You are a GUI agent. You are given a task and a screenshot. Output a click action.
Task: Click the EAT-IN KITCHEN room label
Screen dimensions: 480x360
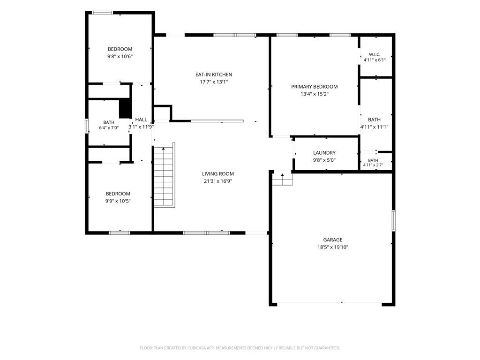coord(214,75)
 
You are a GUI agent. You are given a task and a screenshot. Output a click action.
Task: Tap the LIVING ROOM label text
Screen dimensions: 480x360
coord(217,173)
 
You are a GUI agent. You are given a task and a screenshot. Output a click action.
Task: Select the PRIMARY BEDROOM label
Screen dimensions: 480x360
coord(315,87)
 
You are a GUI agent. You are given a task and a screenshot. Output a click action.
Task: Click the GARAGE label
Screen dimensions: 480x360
coord(333,240)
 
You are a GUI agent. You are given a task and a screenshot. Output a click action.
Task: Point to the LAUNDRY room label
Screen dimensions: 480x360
coord(324,153)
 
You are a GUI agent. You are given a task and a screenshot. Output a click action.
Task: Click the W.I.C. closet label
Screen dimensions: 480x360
coord(375,54)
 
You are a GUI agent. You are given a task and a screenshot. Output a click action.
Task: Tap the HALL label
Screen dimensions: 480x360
coord(141,120)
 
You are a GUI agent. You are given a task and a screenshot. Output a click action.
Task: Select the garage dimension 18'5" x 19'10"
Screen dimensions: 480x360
coord(333,247)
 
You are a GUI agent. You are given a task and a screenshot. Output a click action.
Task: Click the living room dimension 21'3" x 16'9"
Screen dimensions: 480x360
coord(218,181)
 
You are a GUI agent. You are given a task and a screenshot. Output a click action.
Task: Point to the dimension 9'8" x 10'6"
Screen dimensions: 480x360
coord(120,56)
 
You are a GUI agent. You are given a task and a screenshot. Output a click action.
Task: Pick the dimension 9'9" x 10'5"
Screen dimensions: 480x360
coord(118,201)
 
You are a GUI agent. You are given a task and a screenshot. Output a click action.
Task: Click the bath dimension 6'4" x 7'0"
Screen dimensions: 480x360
coord(109,128)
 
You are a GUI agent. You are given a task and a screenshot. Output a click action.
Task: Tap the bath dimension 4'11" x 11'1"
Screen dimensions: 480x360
coord(375,127)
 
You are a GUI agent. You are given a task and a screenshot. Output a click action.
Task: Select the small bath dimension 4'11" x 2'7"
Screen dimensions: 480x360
coord(373,165)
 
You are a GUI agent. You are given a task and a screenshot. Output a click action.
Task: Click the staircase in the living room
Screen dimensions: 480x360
coord(165,175)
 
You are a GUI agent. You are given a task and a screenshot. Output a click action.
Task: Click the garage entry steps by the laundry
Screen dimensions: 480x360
coord(283,178)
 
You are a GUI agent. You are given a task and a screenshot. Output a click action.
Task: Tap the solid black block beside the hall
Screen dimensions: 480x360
coord(125,108)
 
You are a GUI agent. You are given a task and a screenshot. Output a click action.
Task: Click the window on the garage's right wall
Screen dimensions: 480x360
coord(394,220)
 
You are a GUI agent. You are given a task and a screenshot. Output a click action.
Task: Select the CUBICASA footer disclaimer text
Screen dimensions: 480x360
coord(240,348)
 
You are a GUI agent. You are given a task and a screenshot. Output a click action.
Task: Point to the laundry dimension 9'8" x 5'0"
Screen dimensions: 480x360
coord(324,160)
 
